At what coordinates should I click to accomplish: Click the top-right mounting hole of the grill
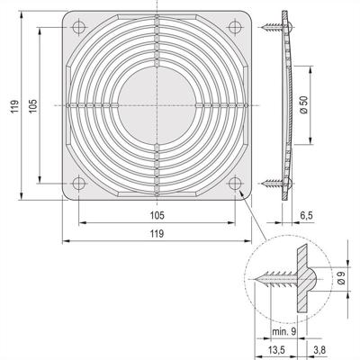point(235,29)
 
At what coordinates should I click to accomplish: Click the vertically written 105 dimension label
point(34,106)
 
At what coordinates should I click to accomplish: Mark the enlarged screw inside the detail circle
point(279,280)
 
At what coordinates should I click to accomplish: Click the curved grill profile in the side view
point(291,106)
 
